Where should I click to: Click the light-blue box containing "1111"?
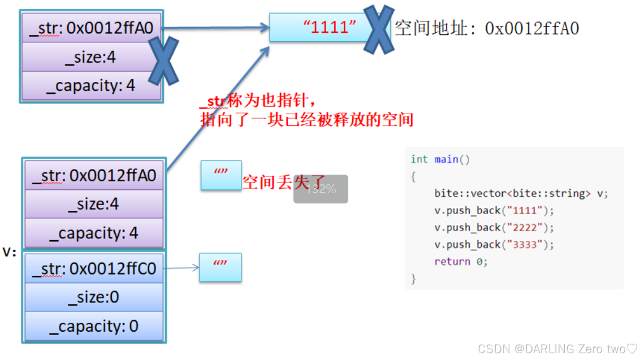(317, 27)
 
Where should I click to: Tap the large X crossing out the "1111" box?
(378, 29)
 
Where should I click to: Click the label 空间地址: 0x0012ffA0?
(487, 28)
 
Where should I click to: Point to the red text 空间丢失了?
(280, 182)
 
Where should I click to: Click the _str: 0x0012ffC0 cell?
(94, 268)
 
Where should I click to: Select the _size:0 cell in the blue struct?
(94, 297)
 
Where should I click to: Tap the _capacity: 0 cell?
(94, 327)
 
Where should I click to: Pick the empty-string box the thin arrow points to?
(220, 267)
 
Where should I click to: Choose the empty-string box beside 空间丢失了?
(220, 175)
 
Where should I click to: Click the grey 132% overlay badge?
(321, 189)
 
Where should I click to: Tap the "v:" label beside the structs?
(10, 252)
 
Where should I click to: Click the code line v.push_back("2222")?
(494, 227)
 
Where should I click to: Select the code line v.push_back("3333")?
(494, 244)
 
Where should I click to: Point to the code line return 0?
(460, 261)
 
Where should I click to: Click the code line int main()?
(440, 159)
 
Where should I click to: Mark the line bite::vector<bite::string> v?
(521, 193)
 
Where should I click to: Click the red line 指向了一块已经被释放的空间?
(306, 119)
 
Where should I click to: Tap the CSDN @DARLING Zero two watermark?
(557, 349)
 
